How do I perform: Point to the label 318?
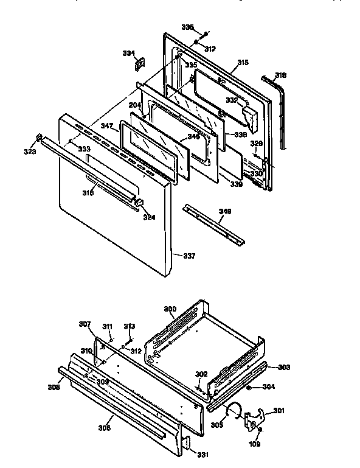[x=280, y=75]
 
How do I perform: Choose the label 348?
[x=224, y=211]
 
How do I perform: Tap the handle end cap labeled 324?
[x=139, y=201]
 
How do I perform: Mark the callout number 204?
[x=134, y=105]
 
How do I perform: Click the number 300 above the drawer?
[x=170, y=309]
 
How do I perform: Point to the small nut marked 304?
[x=249, y=387]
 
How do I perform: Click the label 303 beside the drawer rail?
[x=284, y=367]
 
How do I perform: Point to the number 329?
[x=257, y=144]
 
